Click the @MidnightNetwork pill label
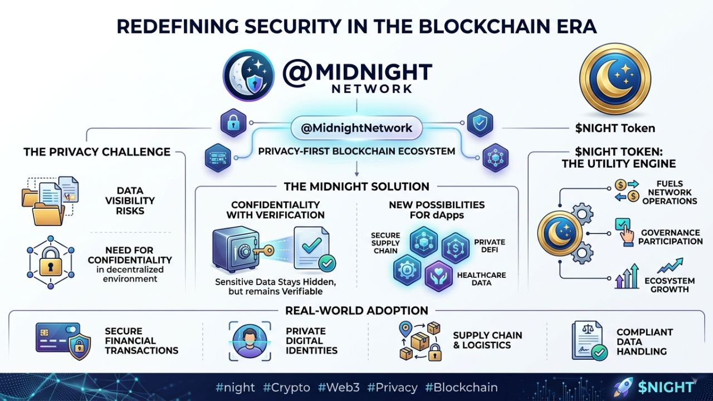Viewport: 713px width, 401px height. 356,128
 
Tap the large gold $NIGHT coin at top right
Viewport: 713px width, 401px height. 615,79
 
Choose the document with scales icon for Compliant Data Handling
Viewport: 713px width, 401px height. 587,340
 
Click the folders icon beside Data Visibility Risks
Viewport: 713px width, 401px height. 49,201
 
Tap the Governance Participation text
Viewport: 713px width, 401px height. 670,237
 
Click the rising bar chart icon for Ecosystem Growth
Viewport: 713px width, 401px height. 627,277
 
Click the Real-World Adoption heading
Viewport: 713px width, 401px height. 356,310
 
